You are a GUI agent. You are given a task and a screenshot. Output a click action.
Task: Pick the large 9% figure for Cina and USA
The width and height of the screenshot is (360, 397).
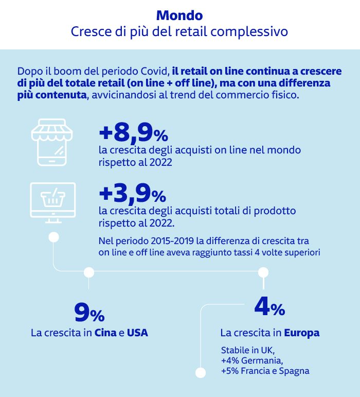(89, 313)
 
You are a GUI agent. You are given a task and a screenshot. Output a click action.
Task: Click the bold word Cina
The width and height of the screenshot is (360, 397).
(105, 333)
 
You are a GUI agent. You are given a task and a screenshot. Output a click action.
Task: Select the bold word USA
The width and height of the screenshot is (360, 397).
(137, 333)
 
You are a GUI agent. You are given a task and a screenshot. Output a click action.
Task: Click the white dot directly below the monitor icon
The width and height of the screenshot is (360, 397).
(53, 237)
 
